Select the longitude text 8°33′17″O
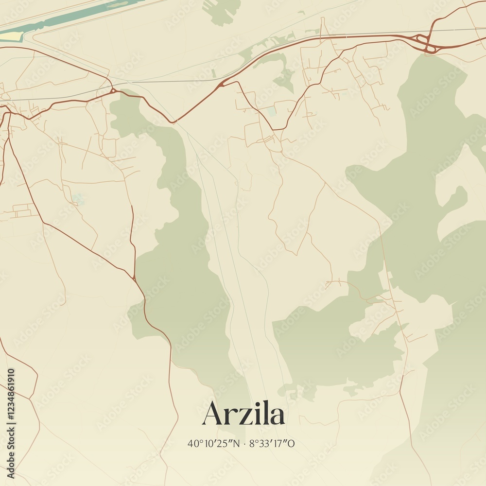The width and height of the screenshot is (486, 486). tap(272, 443)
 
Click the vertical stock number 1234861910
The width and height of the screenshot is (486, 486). tap(11, 423)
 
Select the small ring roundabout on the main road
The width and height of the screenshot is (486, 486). tap(113, 90)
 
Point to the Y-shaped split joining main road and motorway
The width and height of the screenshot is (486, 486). tap(222, 84)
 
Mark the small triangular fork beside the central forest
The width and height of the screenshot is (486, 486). tap(134, 278)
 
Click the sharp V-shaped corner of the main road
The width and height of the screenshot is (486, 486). tap(174, 121)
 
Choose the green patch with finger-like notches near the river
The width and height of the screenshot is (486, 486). tap(223, 11)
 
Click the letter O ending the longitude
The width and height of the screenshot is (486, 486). tap(292, 443)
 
